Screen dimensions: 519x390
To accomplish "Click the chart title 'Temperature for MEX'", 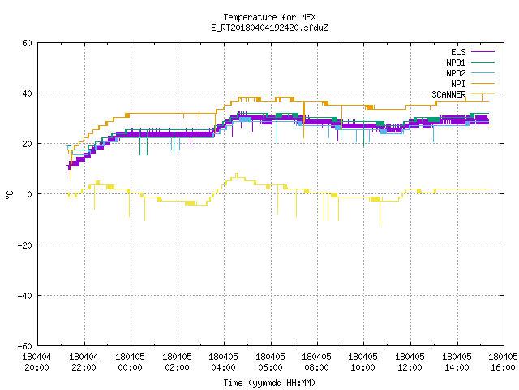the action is [269, 17].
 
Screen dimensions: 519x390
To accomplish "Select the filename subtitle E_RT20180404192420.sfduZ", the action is [269, 28].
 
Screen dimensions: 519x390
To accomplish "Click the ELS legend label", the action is [458, 52].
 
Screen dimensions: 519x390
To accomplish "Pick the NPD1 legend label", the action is [456, 63].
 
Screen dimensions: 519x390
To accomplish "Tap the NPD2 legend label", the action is [456, 73].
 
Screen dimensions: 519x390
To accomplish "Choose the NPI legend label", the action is [458, 84].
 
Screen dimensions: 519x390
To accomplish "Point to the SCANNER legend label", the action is [448, 94].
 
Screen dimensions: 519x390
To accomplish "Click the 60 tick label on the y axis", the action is [27, 43].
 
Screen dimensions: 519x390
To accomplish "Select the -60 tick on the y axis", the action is [25, 346].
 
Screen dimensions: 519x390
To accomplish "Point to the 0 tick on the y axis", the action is [30, 194].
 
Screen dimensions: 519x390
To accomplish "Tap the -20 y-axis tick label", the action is [25, 245].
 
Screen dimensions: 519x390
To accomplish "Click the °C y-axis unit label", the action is [10, 195].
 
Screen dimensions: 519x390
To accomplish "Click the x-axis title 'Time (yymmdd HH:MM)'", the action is [269, 383].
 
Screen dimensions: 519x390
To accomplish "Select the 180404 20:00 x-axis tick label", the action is [36, 362].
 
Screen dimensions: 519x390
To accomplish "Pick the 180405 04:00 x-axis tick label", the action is [224, 362].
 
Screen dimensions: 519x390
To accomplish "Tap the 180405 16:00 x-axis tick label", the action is [503, 362].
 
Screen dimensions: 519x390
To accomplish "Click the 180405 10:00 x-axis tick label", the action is [363, 362].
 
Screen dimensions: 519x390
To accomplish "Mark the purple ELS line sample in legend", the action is [483, 52].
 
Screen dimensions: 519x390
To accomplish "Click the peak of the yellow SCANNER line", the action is [237, 174].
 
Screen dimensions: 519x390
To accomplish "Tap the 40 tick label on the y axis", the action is [27, 93].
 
